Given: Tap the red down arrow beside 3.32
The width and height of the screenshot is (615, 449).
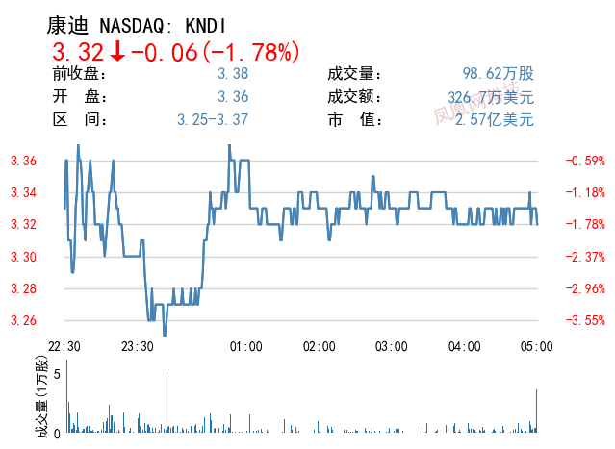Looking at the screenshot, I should pyautogui.click(x=117, y=52).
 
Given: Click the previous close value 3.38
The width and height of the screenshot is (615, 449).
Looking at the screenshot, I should pyautogui.click(x=233, y=73).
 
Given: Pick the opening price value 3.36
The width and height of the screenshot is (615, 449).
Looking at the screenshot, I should pyautogui.click(x=233, y=96).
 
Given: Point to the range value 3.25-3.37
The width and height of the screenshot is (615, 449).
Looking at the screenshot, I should pyautogui.click(x=213, y=120).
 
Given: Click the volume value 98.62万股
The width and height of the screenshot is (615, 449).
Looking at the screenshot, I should pyautogui.click(x=498, y=73).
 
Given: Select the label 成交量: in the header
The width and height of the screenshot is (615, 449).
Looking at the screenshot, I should pyautogui.click(x=355, y=73).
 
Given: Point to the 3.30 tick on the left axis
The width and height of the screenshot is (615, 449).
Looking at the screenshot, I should pyautogui.click(x=23, y=257).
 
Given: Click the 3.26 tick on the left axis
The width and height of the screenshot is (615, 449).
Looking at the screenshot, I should pyautogui.click(x=23, y=320).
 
